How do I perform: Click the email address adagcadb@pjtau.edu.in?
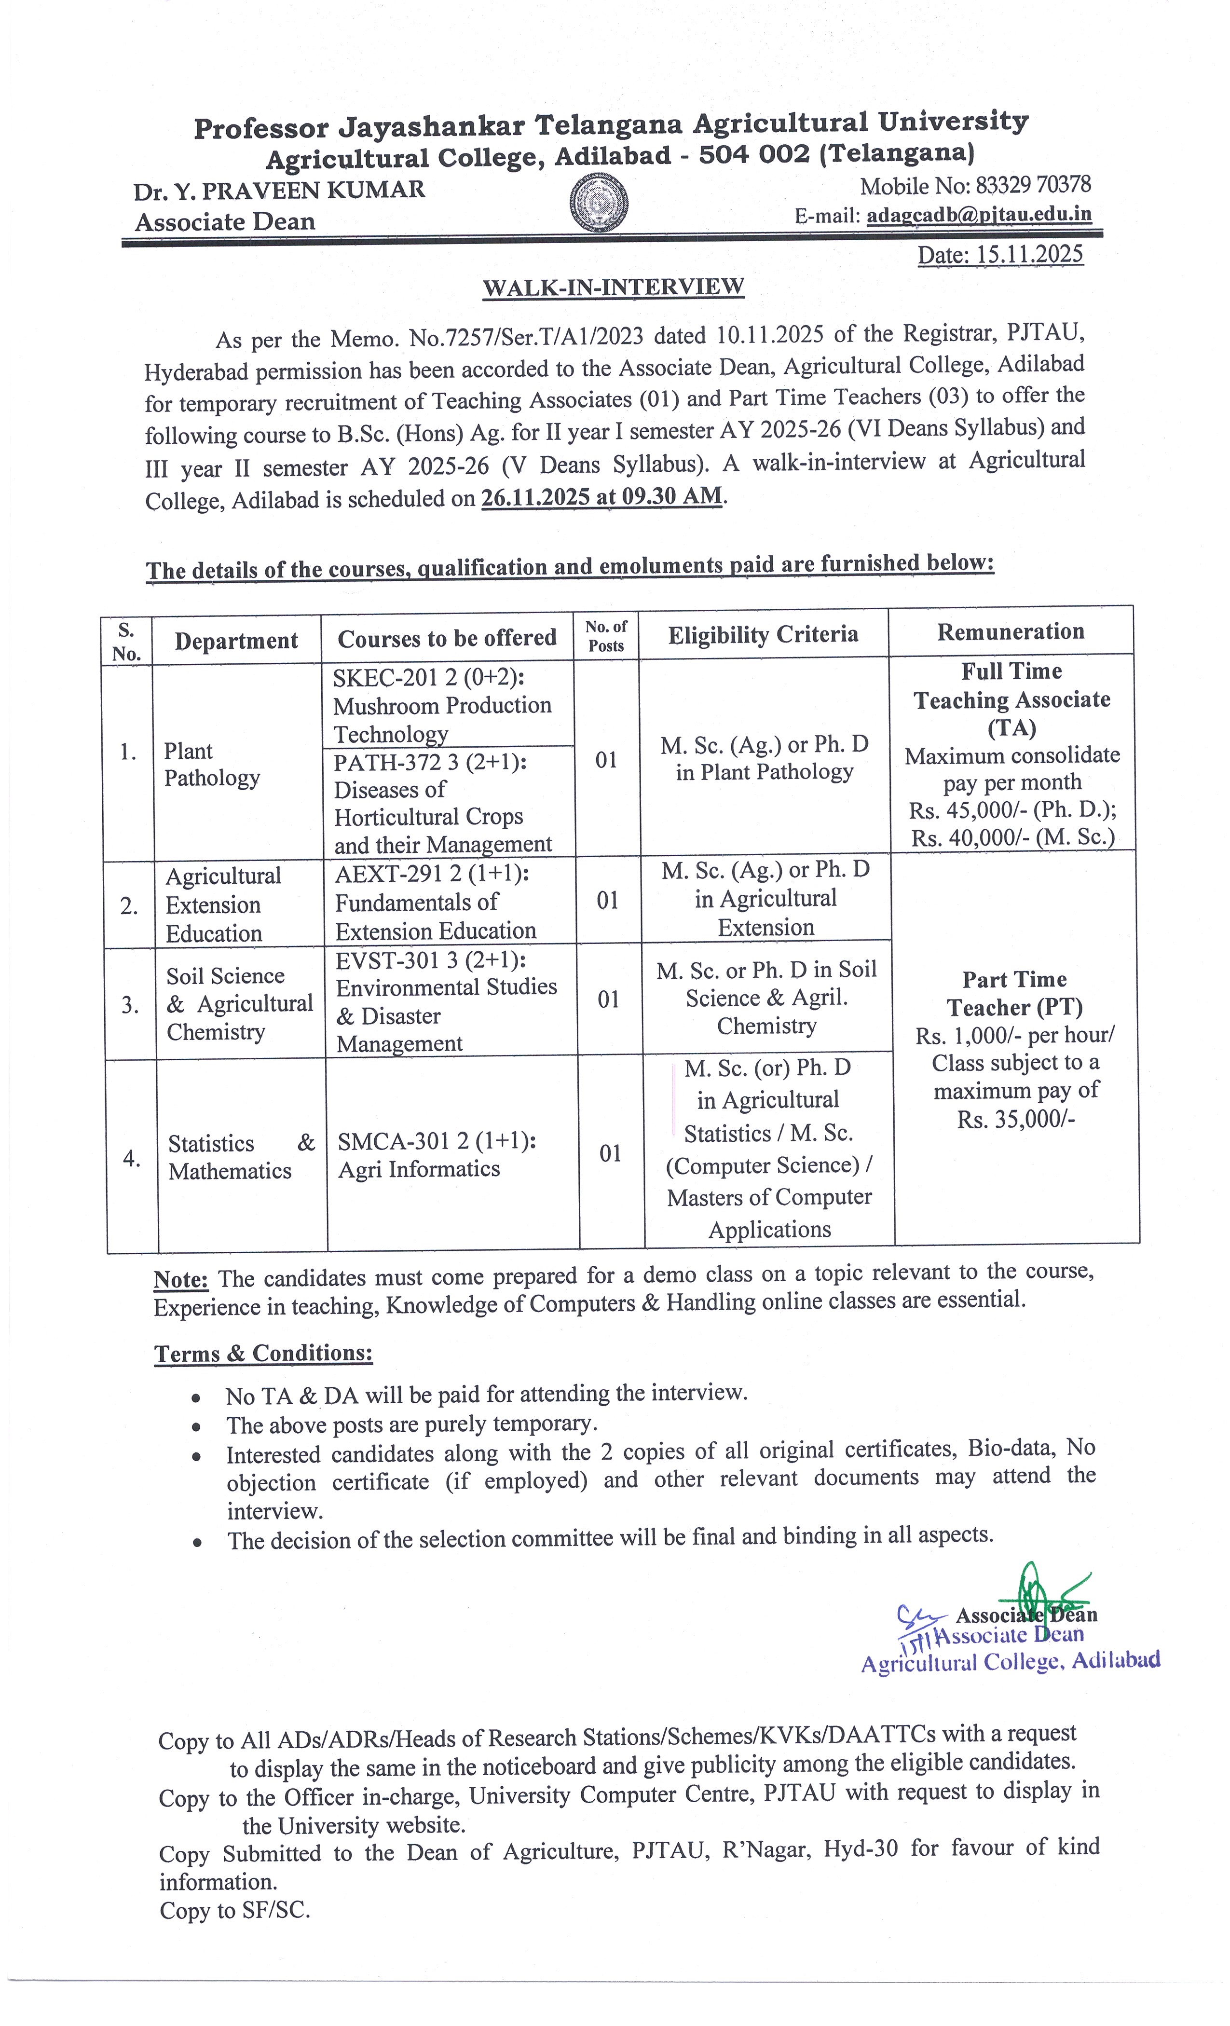[978, 215]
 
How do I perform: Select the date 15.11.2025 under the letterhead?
[1028, 254]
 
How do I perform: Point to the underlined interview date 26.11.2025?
[535, 497]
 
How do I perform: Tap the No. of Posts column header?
[606, 636]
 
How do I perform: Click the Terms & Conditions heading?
[263, 1354]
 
